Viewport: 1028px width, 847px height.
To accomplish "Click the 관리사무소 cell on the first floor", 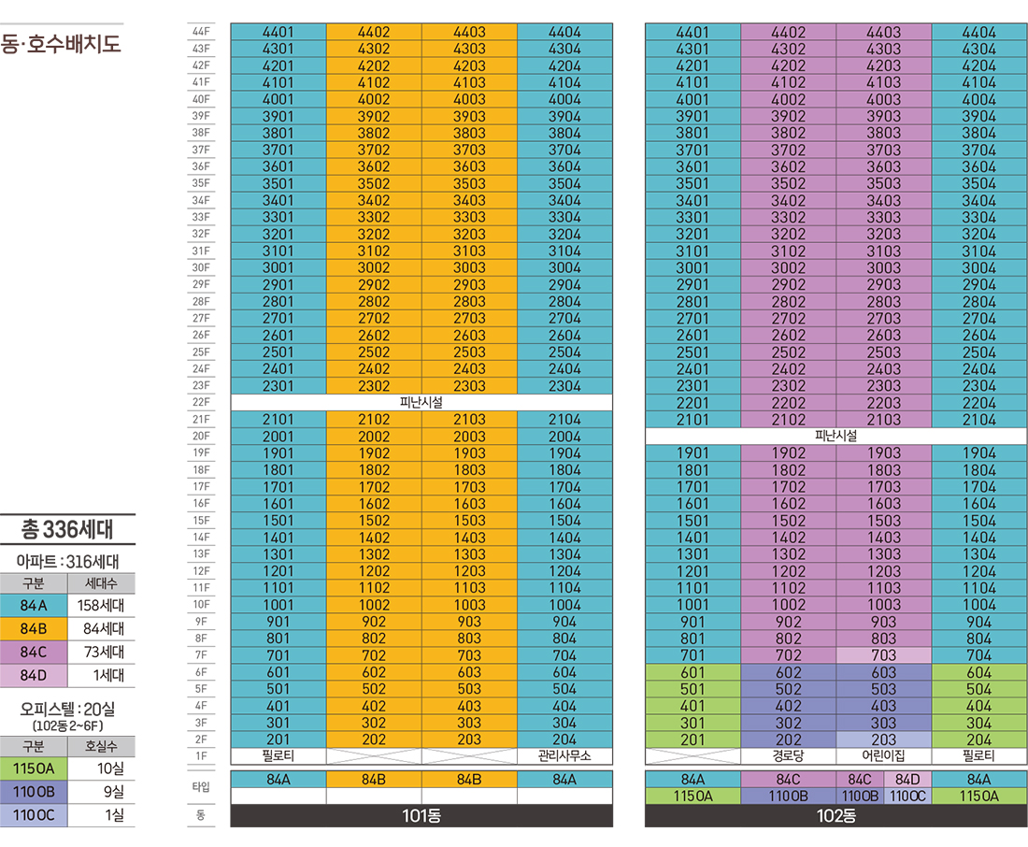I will point(564,755).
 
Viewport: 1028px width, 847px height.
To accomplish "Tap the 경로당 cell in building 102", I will point(788,755).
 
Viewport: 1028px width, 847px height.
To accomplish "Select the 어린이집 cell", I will point(883,755).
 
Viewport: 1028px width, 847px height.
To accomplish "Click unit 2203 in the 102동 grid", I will point(883,403).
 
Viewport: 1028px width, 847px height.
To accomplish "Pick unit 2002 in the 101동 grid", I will point(374,437).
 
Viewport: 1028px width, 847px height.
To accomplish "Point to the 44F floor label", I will point(200,32).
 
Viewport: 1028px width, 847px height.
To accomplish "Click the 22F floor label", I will point(200,402).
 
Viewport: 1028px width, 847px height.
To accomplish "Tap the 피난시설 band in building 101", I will point(421,402).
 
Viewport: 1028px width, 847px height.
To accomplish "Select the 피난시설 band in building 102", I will point(835,436).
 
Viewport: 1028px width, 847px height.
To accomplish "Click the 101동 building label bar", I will point(421,815).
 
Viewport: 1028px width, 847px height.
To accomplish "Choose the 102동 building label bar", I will point(835,815).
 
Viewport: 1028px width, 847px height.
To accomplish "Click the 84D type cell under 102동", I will point(907,779).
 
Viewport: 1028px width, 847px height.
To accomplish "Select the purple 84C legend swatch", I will point(34,653).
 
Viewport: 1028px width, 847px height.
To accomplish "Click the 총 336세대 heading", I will point(67,530).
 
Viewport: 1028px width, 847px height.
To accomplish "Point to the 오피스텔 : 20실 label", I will point(67,709).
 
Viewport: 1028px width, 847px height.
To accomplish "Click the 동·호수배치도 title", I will point(61,44).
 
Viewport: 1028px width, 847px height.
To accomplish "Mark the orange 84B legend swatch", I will point(34,629).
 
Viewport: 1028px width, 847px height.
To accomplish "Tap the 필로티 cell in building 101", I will point(278,755).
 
